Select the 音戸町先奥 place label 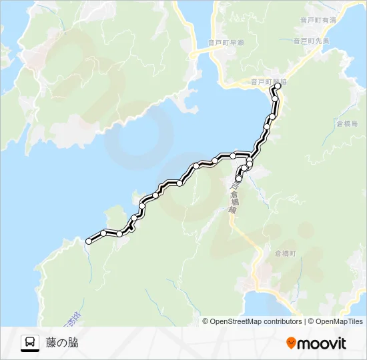pyautogui.click(x=311, y=40)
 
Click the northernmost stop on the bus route pyautogui.click(x=278, y=86)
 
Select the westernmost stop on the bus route pyautogui.click(x=89, y=241)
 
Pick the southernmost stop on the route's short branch pyautogui.click(x=238, y=179)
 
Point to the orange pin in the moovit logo pyautogui.click(x=291, y=343)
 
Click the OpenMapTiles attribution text pyautogui.click(x=340, y=321)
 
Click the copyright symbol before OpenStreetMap pyautogui.click(x=206, y=321)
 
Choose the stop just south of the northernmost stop pyautogui.click(x=275, y=99)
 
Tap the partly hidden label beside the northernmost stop pyautogui.click(x=268, y=82)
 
